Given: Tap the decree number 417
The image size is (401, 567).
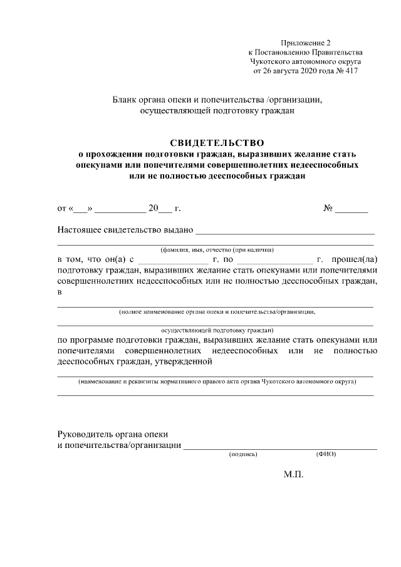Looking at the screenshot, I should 351,71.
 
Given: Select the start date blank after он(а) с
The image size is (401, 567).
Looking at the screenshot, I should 173,261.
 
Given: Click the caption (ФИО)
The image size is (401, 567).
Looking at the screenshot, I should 326,454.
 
